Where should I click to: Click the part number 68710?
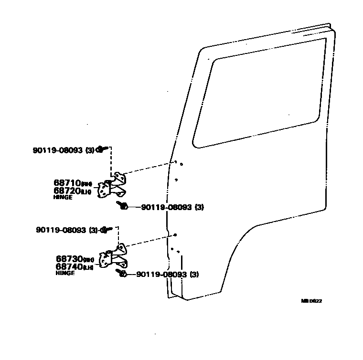pos(66,183)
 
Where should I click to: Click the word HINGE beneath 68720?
pos(63,197)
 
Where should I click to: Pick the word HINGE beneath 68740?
pos(65,273)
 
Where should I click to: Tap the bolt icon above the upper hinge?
pos(102,149)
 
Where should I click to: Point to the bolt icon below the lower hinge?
pos(121,274)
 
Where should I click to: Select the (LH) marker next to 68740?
pos(88,267)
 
